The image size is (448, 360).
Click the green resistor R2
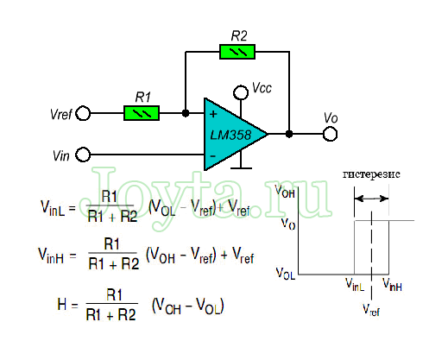(x=237, y=52)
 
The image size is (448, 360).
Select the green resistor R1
(x=142, y=113)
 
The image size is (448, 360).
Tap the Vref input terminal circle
(x=83, y=113)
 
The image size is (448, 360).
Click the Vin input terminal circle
(x=83, y=155)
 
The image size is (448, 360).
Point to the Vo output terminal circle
(x=330, y=134)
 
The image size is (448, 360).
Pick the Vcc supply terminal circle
(x=241, y=92)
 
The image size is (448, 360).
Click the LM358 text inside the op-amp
(x=230, y=135)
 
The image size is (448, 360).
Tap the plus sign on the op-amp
(x=213, y=114)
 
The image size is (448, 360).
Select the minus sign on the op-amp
(x=213, y=156)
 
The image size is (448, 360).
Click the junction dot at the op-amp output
(x=289, y=134)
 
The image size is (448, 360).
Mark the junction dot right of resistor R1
(x=186, y=113)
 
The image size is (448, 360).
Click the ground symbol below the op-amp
(x=241, y=167)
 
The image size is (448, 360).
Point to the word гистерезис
(x=371, y=174)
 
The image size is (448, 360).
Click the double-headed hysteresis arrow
(x=371, y=199)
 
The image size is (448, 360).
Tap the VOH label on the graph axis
(x=285, y=192)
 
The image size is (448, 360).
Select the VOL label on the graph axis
(x=286, y=273)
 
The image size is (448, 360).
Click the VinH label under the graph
(x=392, y=285)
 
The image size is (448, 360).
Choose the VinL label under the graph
(x=355, y=285)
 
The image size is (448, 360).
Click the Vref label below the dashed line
(x=371, y=310)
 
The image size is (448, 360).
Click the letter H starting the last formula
(x=62, y=304)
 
